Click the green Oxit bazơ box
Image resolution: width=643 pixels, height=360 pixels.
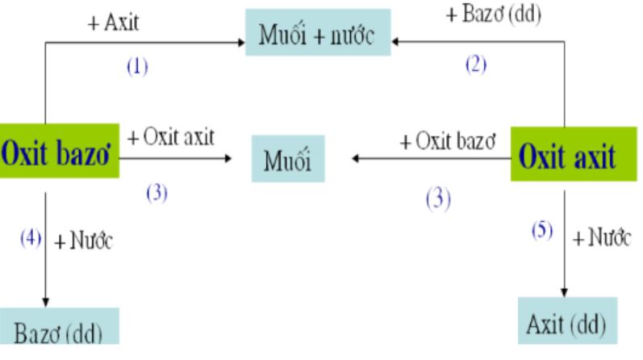coord(60,151)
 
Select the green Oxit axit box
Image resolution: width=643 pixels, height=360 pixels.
coord(574,154)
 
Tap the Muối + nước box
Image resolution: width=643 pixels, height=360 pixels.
coord(318,32)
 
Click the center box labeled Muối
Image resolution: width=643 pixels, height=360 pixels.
coord(288,158)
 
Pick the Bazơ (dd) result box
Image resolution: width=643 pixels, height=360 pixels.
coord(60,326)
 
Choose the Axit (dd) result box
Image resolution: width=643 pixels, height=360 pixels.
coord(567,320)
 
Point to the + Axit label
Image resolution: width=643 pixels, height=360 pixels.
coord(113,22)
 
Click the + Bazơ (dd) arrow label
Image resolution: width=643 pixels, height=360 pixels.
coord(494,15)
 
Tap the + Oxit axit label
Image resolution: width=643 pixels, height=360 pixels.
coord(171,136)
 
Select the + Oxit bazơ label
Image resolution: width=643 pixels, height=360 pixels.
coord(448,141)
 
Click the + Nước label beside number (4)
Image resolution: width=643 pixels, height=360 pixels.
coord(84,241)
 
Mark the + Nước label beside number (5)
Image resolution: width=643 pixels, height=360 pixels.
coord(602,237)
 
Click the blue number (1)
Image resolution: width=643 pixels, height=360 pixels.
coord(137,66)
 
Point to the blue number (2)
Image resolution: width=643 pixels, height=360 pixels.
coord(476,65)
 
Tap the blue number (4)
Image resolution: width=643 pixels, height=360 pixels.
coord(31,237)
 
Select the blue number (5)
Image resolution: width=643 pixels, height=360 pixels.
coord(542,230)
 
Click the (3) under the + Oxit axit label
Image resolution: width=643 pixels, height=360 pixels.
coord(157,193)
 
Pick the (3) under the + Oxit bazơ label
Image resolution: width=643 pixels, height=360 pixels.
coord(438,199)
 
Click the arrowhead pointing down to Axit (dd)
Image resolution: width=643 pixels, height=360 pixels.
coord(564,292)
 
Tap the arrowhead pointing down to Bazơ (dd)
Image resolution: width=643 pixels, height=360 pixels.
coord(45,303)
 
